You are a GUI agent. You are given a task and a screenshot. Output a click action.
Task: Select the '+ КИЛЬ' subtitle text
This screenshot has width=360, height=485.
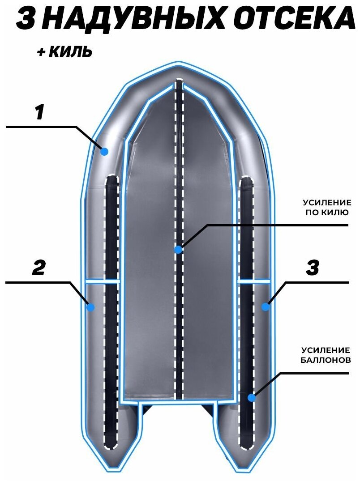(65, 52)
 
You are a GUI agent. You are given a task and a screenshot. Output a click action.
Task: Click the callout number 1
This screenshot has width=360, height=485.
(40, 112)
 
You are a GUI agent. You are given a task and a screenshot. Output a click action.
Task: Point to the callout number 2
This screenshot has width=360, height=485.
(39, 268)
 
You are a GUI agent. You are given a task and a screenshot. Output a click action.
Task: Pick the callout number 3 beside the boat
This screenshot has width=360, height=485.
(312, 268)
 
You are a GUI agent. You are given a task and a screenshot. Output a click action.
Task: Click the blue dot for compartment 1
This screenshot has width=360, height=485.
(104, 151)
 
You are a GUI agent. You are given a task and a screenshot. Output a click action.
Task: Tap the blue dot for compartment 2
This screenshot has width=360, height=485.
(90, 307)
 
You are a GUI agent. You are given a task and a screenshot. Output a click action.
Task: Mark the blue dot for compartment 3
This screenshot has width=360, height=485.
(266, 307)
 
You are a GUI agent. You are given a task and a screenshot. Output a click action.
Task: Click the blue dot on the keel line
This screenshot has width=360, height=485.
(179, 249)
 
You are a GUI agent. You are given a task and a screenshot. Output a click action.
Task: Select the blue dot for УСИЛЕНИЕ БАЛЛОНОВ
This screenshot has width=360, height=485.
(252, 397)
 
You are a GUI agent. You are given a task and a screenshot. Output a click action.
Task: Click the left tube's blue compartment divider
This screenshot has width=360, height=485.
(103, 282)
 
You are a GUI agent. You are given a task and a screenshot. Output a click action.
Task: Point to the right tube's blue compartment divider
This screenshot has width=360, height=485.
(254, 282)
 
